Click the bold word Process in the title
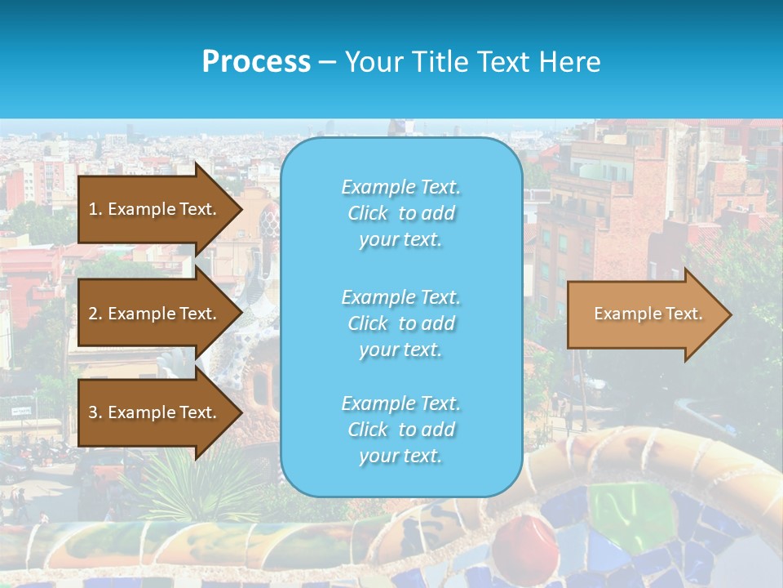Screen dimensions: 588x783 click(x=256, y=62)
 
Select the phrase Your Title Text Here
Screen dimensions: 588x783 click(x=472, y=62)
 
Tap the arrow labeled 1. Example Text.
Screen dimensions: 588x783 click(x=153, y=209)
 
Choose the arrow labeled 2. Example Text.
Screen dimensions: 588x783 click(x=153, y=314)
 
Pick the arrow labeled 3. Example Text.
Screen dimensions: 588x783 click(x=153, y=412)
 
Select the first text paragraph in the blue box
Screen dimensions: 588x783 click(x=400, y=213)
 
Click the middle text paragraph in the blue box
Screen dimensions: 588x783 click(x=400, y=323)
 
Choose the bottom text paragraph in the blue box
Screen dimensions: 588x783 click(x=400, y=430)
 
